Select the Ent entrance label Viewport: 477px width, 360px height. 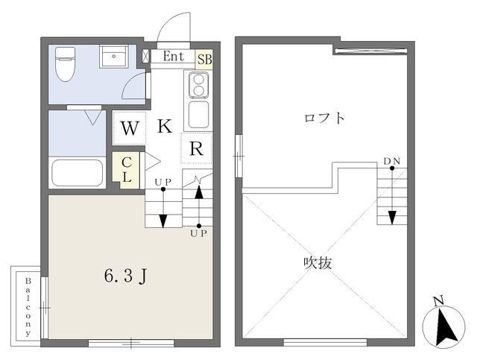tap(173, 55)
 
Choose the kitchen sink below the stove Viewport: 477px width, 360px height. tap(198, 115)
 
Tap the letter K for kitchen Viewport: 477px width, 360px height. tap(165, 126)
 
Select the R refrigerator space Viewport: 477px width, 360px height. tap(196, 148)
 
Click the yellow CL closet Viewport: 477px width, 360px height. tap(127, 168)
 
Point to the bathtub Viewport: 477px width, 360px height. tap(77, 174)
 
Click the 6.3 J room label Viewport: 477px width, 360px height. tap(128, 277)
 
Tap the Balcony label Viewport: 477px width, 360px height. tap(28, 306)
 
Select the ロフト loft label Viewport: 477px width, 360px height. tap(324, 118)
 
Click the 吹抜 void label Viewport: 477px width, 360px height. tap(316, 262)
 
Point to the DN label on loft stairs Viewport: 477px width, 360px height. tap(391, 161)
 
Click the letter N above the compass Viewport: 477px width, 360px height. tap(438, 301)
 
